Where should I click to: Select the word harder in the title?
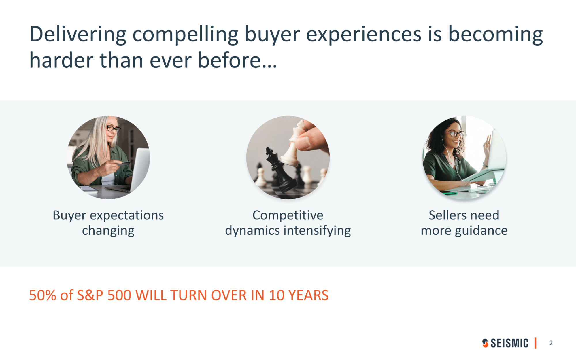click(62, 60)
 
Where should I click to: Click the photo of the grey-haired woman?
click(108, 157)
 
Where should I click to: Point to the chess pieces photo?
click(288, 157)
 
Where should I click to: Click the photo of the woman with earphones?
click(464, 157)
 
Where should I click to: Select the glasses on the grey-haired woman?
click(113, 128)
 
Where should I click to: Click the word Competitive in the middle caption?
click(288, 215)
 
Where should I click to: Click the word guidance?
click(481, 231)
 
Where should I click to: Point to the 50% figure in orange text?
click(43, 295)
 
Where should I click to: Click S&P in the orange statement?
click(90, 295)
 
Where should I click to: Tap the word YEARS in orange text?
click(308, 295)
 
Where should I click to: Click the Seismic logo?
click(505, 343)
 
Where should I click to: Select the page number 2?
click(551, 343)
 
